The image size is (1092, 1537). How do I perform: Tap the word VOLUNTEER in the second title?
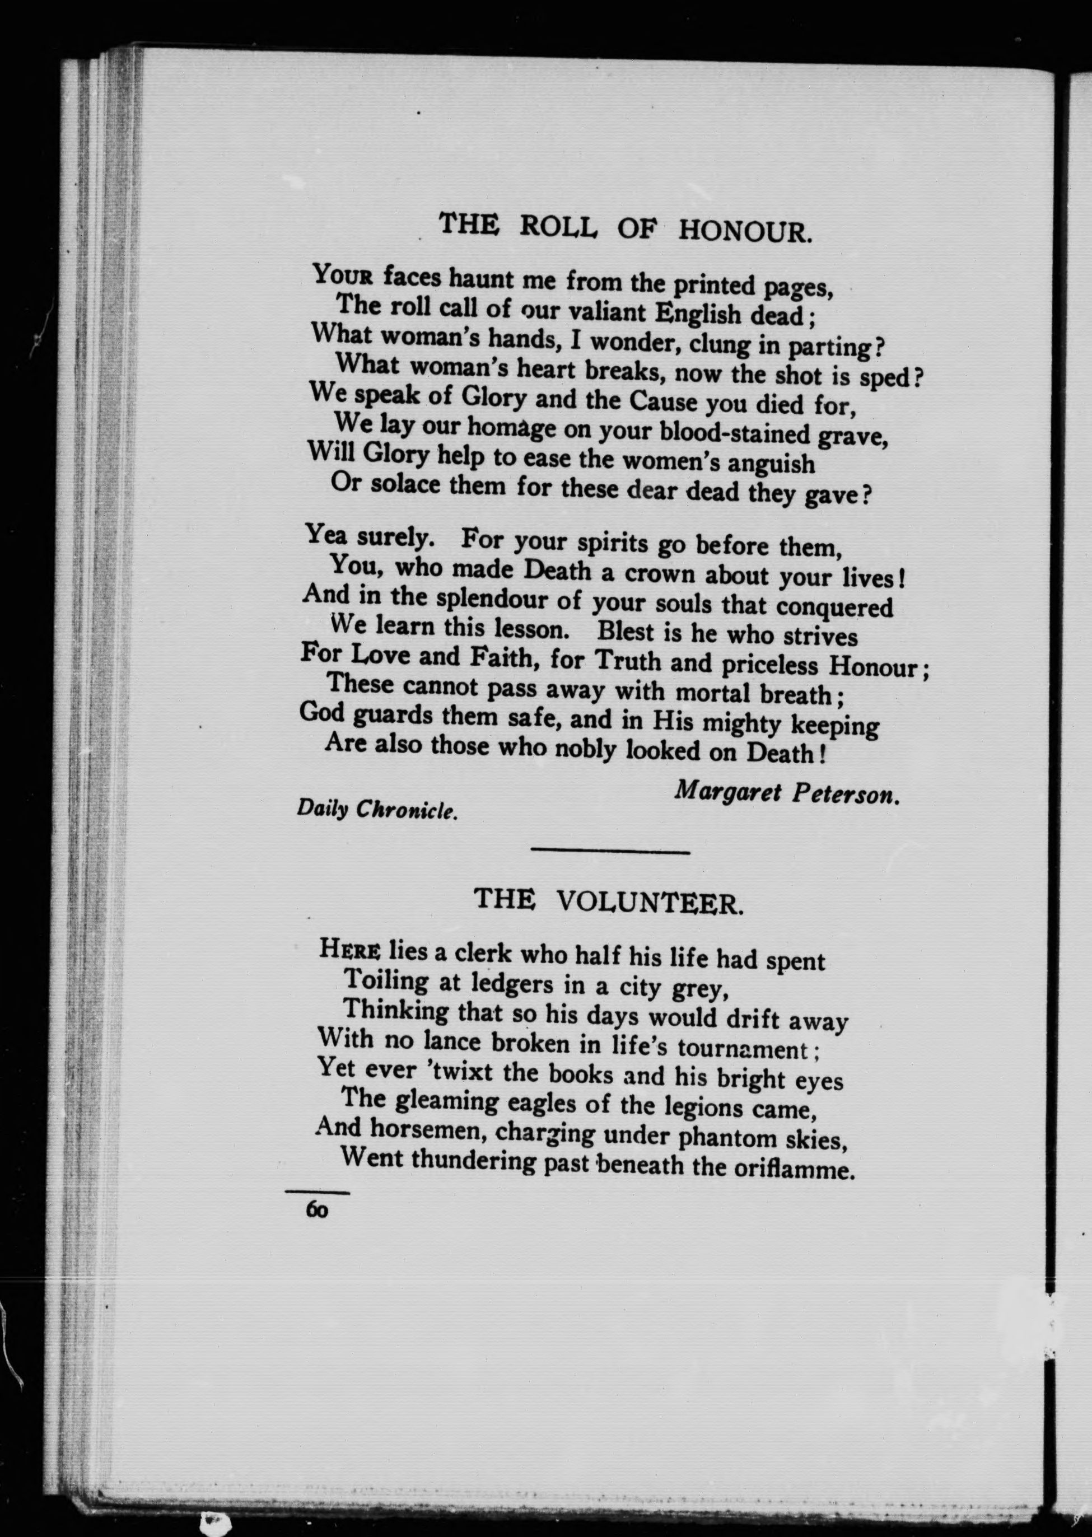point(650,901)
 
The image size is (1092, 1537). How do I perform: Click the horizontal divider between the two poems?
point(610,853)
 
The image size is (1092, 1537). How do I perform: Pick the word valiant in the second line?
point(607,312)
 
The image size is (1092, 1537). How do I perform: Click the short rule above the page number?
point(318,1193)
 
